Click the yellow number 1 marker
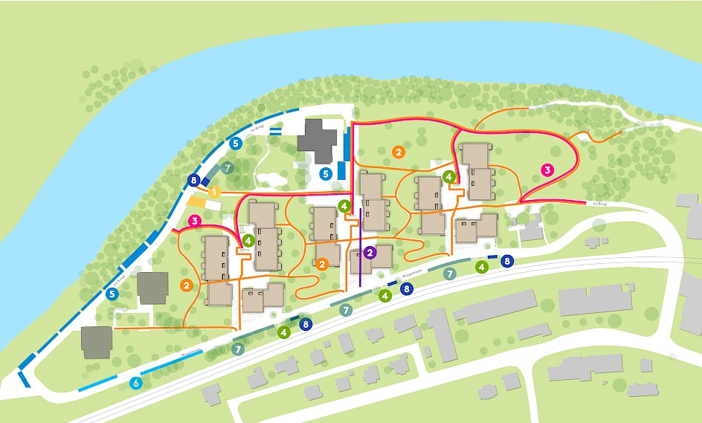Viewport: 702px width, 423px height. [x=214, y=193]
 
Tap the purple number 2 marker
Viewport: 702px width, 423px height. [x=370, y=253]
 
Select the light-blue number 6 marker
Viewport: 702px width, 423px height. [x=135, y=384]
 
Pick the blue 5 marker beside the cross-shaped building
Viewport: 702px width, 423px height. [x=325, y=173]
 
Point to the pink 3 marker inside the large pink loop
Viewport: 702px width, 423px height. [x=548, y=169]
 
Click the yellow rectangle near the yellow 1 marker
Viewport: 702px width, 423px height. [x=196, y=201]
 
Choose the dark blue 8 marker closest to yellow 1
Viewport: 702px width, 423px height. [x=194, y=180]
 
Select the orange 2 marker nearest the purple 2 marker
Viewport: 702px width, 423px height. [x=323, y=264]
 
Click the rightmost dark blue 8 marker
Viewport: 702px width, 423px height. [x=507, y=261]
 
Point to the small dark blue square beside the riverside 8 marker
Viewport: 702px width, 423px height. [x=205, y=181]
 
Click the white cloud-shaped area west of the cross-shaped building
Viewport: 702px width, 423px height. [x=271, y=178]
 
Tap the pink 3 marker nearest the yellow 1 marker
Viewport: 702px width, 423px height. [x=195, y=221]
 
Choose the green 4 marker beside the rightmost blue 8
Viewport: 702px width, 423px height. [x=482, y=266]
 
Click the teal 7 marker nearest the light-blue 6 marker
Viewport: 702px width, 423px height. [x=238, y=348]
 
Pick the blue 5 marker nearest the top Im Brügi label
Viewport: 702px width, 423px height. [x=235, y=142]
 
